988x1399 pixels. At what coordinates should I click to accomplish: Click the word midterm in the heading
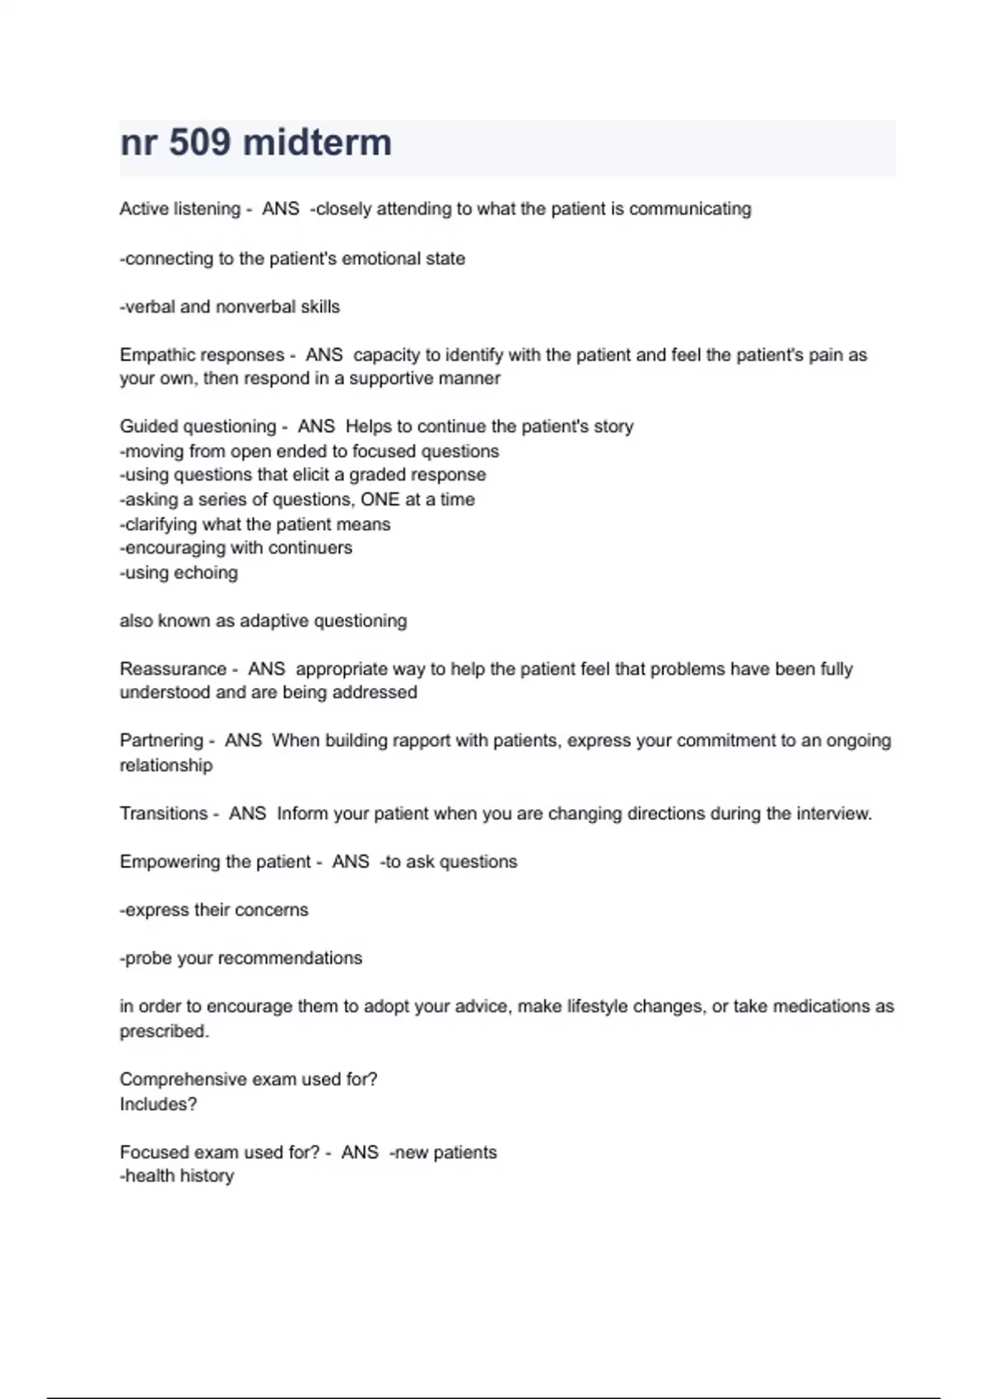318,143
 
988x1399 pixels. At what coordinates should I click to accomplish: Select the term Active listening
179,209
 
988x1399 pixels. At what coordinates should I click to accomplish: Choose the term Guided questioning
198,427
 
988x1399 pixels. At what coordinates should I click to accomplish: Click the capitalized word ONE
380,500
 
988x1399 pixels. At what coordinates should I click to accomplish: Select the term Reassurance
173,669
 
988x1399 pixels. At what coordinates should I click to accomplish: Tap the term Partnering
161,741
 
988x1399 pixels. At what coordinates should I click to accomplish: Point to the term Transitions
164,814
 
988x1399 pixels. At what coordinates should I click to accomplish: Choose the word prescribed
164,1031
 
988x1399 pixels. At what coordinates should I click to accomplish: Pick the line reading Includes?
158,1104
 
